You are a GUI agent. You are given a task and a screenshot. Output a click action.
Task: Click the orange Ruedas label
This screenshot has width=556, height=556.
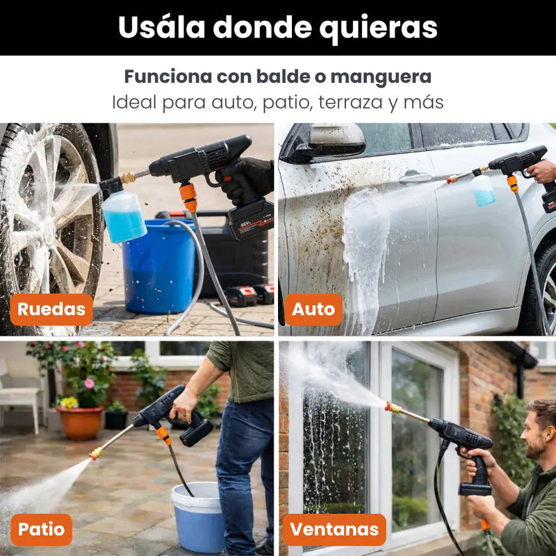pos(51,309)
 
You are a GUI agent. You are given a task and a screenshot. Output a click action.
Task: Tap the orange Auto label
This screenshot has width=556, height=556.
pos(313,309)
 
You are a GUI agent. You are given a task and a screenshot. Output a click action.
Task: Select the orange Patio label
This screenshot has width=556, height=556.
pos(42,530)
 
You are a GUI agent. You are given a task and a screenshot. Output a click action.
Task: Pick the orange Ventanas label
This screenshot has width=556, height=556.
pos(334,530)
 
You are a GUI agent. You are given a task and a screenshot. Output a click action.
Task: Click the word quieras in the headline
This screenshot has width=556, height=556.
pos(378,28)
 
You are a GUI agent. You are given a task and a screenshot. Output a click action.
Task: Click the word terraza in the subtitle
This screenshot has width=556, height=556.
pos(350,102)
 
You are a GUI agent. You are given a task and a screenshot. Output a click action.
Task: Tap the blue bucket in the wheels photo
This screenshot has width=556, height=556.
pos(158,266)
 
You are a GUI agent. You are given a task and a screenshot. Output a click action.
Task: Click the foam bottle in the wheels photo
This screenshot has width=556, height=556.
pos(124,215)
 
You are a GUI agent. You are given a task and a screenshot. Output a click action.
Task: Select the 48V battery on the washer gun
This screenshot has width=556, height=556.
pos(251,219)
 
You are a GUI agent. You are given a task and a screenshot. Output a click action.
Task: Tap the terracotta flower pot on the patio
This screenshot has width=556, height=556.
pos(81,423)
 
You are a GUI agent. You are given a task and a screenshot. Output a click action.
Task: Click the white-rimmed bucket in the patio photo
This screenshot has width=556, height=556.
pos(198,516)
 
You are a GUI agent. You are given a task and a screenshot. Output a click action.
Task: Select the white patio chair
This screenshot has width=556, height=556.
pos(19,393)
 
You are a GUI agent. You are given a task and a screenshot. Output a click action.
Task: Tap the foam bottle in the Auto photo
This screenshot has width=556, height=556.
pos(484,189)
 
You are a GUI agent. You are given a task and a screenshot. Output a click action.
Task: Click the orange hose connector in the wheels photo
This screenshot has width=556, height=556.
pos(188,197)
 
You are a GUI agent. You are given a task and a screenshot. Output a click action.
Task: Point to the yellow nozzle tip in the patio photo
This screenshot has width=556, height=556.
pos(95,453)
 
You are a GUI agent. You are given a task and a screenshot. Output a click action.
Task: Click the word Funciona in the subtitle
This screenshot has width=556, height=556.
pos(168,76)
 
